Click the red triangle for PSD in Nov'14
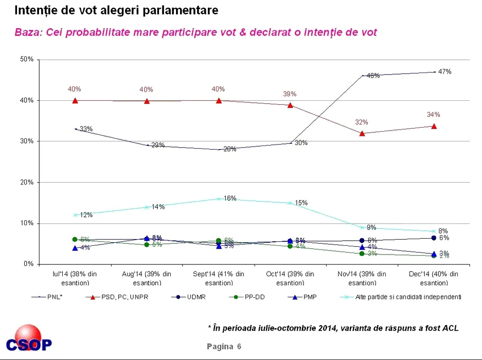click(362, 133)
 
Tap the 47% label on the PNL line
click(444, 72)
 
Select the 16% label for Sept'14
click(230, 199)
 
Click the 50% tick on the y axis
click(27, 60)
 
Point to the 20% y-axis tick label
click(27, 182)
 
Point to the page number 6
click(239, 346)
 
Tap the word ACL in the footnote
click(450, 328)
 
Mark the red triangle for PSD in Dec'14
click(434, 125)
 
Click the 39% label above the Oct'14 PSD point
click(290, 94)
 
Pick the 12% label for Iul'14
click(86, 215)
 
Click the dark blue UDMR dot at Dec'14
click(434, 238)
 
